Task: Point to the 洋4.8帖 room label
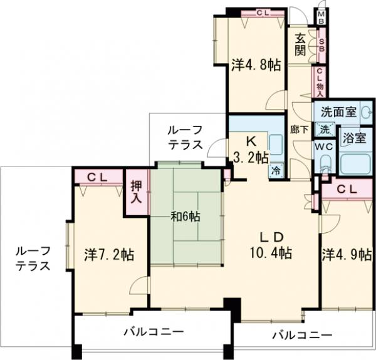(x=255, y=64)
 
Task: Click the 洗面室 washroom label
(x=338, y=113)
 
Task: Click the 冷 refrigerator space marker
(x=275, y=170)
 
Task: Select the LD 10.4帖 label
(x=273, y=245)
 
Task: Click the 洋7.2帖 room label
(x=108, y=255)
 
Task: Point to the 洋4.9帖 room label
(x=347, y=255)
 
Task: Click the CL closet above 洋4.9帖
(x=347, y=188)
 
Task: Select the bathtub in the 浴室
(x=355, y=164)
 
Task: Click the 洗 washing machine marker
(x=325, y=130)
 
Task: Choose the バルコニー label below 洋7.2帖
(x=153, y=331)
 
